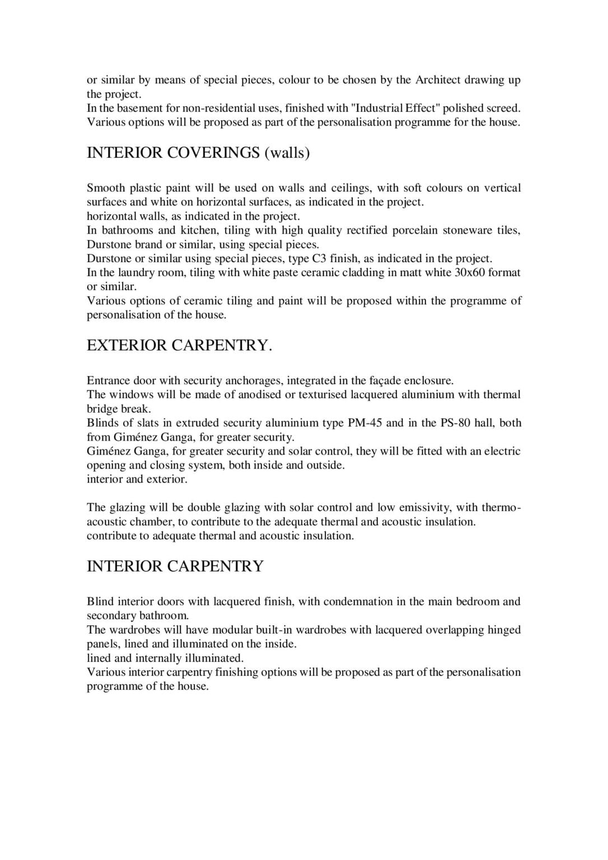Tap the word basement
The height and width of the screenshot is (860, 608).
pyautogui.click(x=141, y=108)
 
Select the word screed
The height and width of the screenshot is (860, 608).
pyautogui.click(x=502, y=108)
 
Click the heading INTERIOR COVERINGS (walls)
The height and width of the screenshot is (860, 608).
pyautogui.click(x=198, y=152)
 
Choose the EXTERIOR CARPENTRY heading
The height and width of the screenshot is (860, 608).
pyautogui.click(x=179, y=345)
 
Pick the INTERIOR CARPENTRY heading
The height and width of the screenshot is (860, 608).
pyautogui.click(x=175, y=566)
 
